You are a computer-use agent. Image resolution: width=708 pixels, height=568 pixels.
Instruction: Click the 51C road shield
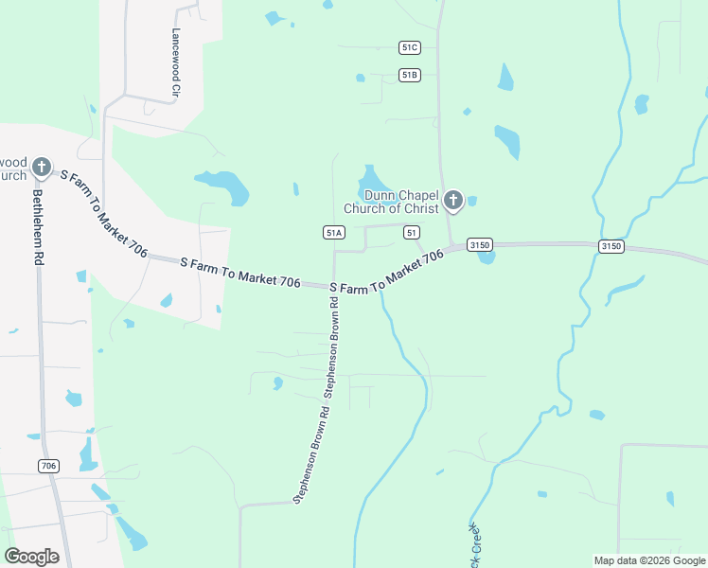(x=409, y=47)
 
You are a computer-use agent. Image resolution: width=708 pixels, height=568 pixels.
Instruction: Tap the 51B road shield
(x=409, y=75)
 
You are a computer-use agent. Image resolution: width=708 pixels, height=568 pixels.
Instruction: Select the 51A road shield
(x=333, y=232)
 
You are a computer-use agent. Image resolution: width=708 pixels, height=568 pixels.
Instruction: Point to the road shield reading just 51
(x=411, y=232)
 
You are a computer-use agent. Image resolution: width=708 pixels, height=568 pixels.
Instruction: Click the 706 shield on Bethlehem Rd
(x=50, y=466)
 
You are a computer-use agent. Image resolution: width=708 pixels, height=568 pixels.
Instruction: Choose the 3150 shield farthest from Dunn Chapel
(x=611, y=246)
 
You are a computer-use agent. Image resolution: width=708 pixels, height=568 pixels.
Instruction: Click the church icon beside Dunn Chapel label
(x=453, y=200)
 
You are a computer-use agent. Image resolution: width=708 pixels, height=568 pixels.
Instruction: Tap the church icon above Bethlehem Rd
(x=41, y=168)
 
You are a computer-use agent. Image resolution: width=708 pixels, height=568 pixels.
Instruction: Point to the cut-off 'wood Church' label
(x=13, y=169)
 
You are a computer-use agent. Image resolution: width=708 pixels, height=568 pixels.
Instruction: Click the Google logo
(x=31, y=557)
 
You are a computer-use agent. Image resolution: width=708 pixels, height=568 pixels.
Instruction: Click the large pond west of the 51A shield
(x=223, y=185)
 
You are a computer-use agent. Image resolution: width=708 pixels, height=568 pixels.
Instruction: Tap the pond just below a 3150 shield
(x=487, y=257)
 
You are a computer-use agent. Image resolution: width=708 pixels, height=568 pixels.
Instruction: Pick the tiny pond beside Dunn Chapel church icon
(x=471, y=201)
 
